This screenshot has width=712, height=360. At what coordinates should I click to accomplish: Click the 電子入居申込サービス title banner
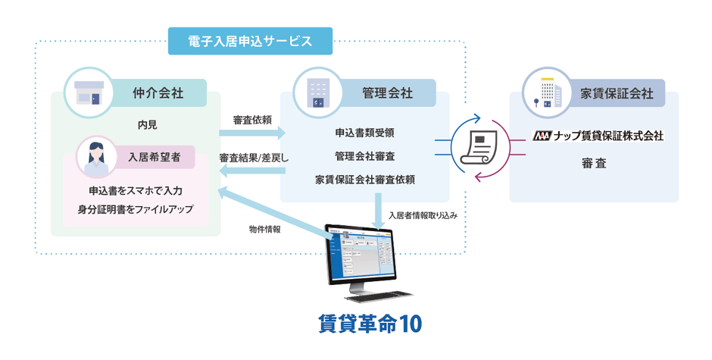click(x=250, y=41)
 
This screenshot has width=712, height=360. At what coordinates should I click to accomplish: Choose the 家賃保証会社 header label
click(x=617, y=93)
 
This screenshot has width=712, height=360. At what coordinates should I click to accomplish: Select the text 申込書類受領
click(x=364, y=132)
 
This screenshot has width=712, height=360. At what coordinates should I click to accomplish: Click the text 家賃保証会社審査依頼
click(x=364, y=180)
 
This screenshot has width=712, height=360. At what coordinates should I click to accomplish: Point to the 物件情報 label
click(x=264, y=228)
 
